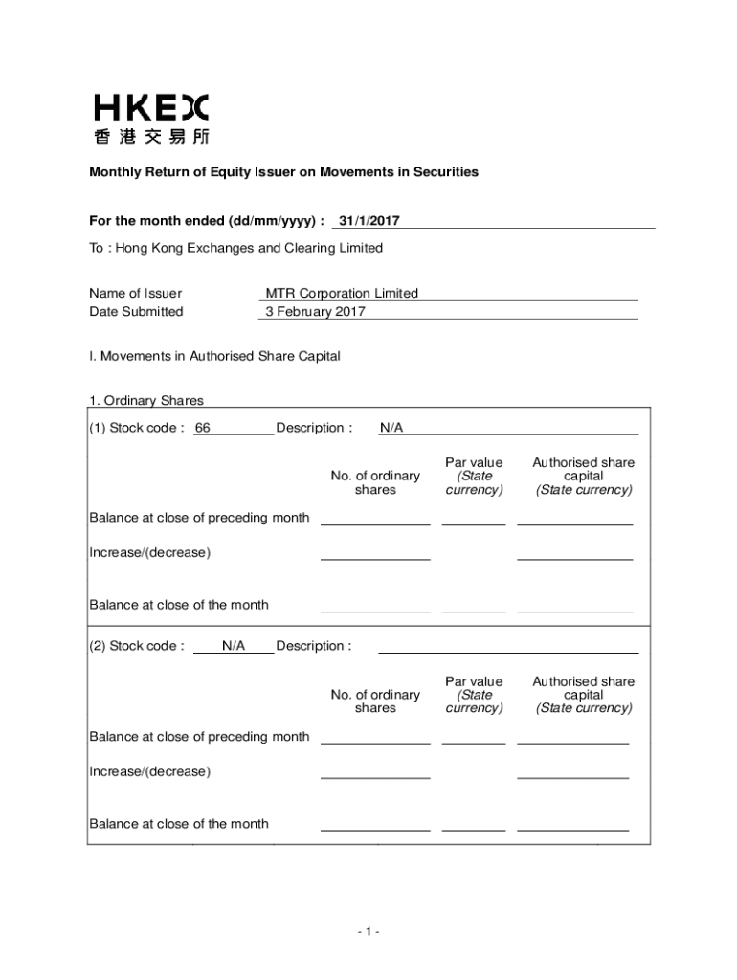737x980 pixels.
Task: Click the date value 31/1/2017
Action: pos(368,221)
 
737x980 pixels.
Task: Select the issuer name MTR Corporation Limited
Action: pos(342,294)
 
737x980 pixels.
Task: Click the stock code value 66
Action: pos(202,428)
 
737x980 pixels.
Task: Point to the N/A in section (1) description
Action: pos(391,428)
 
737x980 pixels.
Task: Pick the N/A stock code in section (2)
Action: pos(234,646)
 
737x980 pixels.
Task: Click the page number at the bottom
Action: pos(368,931)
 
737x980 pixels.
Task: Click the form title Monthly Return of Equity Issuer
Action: pos(283,172)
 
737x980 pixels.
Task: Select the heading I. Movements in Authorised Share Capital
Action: pos(214,356)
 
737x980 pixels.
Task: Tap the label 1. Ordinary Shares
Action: pos(146,401)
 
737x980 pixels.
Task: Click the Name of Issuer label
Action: pos(135,294)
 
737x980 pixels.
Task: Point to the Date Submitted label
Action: pos(136,311)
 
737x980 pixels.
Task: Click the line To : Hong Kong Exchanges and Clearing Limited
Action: pos(235,248)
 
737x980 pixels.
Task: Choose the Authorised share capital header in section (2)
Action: pos(583,695)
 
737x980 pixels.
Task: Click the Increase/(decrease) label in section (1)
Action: pos(149,552)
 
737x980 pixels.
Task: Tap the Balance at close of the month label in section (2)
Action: pos(179,824)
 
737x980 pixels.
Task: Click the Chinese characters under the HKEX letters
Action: pos(151,136)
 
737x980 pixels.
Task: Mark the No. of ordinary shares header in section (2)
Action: pos(375,702)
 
